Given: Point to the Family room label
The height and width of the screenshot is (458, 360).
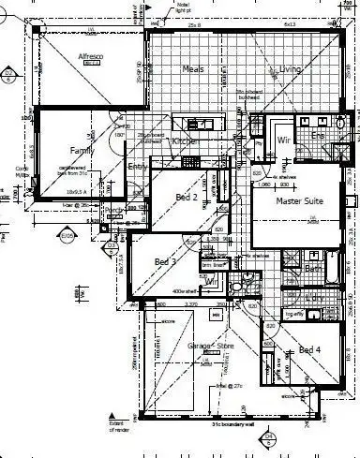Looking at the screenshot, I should pos(84,150).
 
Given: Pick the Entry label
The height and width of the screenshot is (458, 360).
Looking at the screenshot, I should pos(138,167).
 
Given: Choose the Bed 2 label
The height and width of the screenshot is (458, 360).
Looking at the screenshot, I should pos(186,197).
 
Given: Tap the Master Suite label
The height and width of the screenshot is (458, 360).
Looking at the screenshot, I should pos(299,201).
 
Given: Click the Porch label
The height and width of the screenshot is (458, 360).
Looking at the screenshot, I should pos(114,210).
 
